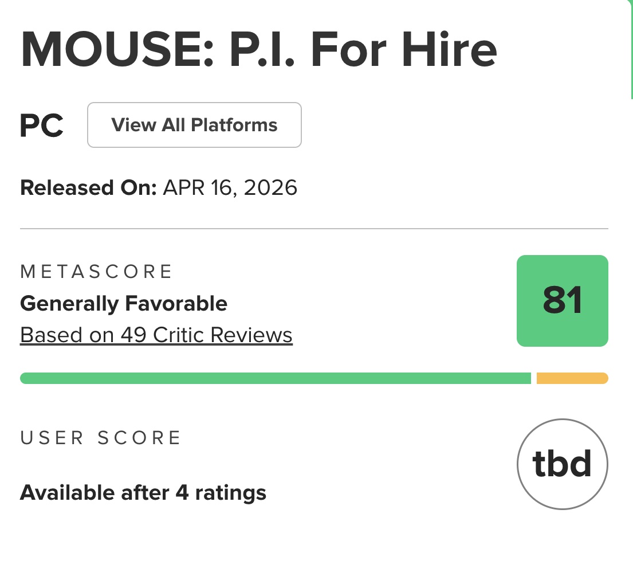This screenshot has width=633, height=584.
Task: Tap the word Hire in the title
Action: (x=449, y=49)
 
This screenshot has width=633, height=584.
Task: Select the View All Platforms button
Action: (x=194, y=125)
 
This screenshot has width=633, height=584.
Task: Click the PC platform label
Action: (x=42, y=126)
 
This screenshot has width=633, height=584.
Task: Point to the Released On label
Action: (x=88, y=188)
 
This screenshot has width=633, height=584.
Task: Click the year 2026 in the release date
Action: (x=270, y=188)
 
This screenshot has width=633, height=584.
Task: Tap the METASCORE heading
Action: (x=96, y=272)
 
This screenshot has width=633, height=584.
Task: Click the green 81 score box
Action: (x=563, y=300)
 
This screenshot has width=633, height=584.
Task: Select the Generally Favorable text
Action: (x=124, y=303)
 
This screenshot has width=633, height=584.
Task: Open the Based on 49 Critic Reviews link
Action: (x=156, y=335)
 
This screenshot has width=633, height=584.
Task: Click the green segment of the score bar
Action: (x=276, y=378)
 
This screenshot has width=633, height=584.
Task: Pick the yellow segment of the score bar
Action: (x=572, y=378)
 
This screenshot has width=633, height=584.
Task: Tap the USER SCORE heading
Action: (x=100, y=438)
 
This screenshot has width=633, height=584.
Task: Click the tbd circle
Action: (x=563, y=419)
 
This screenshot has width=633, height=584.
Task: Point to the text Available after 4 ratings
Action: (x=143, y=493)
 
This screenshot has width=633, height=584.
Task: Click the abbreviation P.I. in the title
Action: (x=262, y=49)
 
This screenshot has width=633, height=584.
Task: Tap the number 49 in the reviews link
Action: (x=133, y=335)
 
